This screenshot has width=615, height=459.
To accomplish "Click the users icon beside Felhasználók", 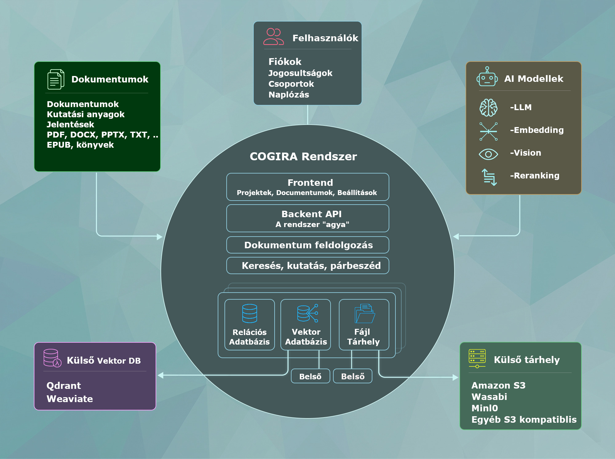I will (x=273, y=37).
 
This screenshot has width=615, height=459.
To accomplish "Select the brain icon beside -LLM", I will (x=488, y=108).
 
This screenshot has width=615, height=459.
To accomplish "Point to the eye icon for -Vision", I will (x=488, y=154).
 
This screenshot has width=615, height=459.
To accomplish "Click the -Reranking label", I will (x=534, y=176).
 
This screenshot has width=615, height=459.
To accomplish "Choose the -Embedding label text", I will (x=537, y=130).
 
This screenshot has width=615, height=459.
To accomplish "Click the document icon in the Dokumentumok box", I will (x=56, y=79).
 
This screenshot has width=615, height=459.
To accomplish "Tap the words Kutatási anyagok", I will (x=85, y=114).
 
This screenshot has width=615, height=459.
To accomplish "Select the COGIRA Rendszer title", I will (x=303, y=157).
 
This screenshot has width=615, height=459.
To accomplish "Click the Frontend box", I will (x=307, y=187).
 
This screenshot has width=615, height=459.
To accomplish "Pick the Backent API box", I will (x=307, y=218).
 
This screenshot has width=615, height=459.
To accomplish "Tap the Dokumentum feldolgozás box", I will (x=307, y=245).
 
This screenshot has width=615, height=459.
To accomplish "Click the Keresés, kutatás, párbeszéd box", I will (x=307, y=266).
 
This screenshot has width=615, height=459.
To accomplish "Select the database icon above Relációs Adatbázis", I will (x=249, y=313).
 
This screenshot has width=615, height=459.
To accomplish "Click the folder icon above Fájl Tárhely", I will (x=365, y=314).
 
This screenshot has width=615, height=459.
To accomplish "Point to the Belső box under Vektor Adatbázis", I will (x=310, y=376).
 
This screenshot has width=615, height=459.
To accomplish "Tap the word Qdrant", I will (x=64, y=386).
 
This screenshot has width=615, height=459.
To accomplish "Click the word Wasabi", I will (x=489, y=397).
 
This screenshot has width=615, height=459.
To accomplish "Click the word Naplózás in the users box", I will (x=289, y=95).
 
